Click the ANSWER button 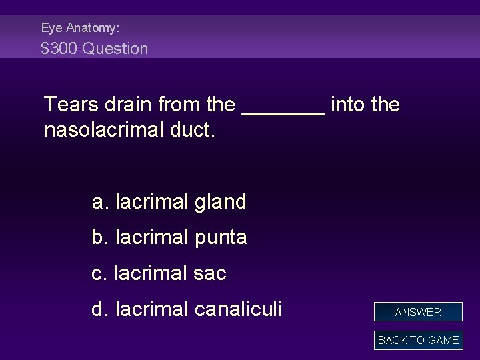pos(418,312)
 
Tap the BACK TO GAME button pos(418,340)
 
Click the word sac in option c pos(211,273)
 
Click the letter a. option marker pos(101,202)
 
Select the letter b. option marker pos(101,237)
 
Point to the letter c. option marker pos(100,273)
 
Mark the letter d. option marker pos(101,309)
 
